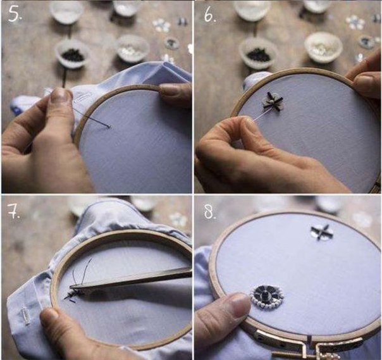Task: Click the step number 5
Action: click(x=15, y=14)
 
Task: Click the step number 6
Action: click(x=210, y=15)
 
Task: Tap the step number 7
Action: click(x=14, y=211)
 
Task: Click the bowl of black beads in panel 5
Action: click(x=72, y=54)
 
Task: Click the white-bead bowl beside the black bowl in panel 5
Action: click(x=132, y=48)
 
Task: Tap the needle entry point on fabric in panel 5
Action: click(x=109, y=127)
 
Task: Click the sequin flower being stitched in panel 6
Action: click(x=273, y=101)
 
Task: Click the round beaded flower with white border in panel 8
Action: click(x=267, y=294)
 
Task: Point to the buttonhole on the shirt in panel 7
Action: click(x=25, y=314)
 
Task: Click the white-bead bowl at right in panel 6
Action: click(x=324, y=46)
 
